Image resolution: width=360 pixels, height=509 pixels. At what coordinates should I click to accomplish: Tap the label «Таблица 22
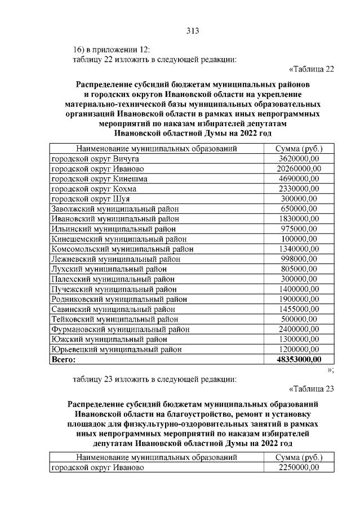pyautogui.click(x=311, y=69)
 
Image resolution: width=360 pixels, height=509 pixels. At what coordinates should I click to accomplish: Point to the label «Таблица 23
pyautogui.click(x=311, y=388)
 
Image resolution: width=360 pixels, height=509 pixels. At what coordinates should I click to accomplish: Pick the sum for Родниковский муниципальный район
pyautogui.click(x=299, y=299)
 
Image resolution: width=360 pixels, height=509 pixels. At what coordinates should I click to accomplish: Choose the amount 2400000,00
pyautogui.click(x=299, y=329)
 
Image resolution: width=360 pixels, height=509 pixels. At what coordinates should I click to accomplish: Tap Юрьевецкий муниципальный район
pyautogui.click(x=117, y=349)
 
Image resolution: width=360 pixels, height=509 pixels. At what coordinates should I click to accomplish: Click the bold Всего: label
pyautogui.click(x=63, y=359)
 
